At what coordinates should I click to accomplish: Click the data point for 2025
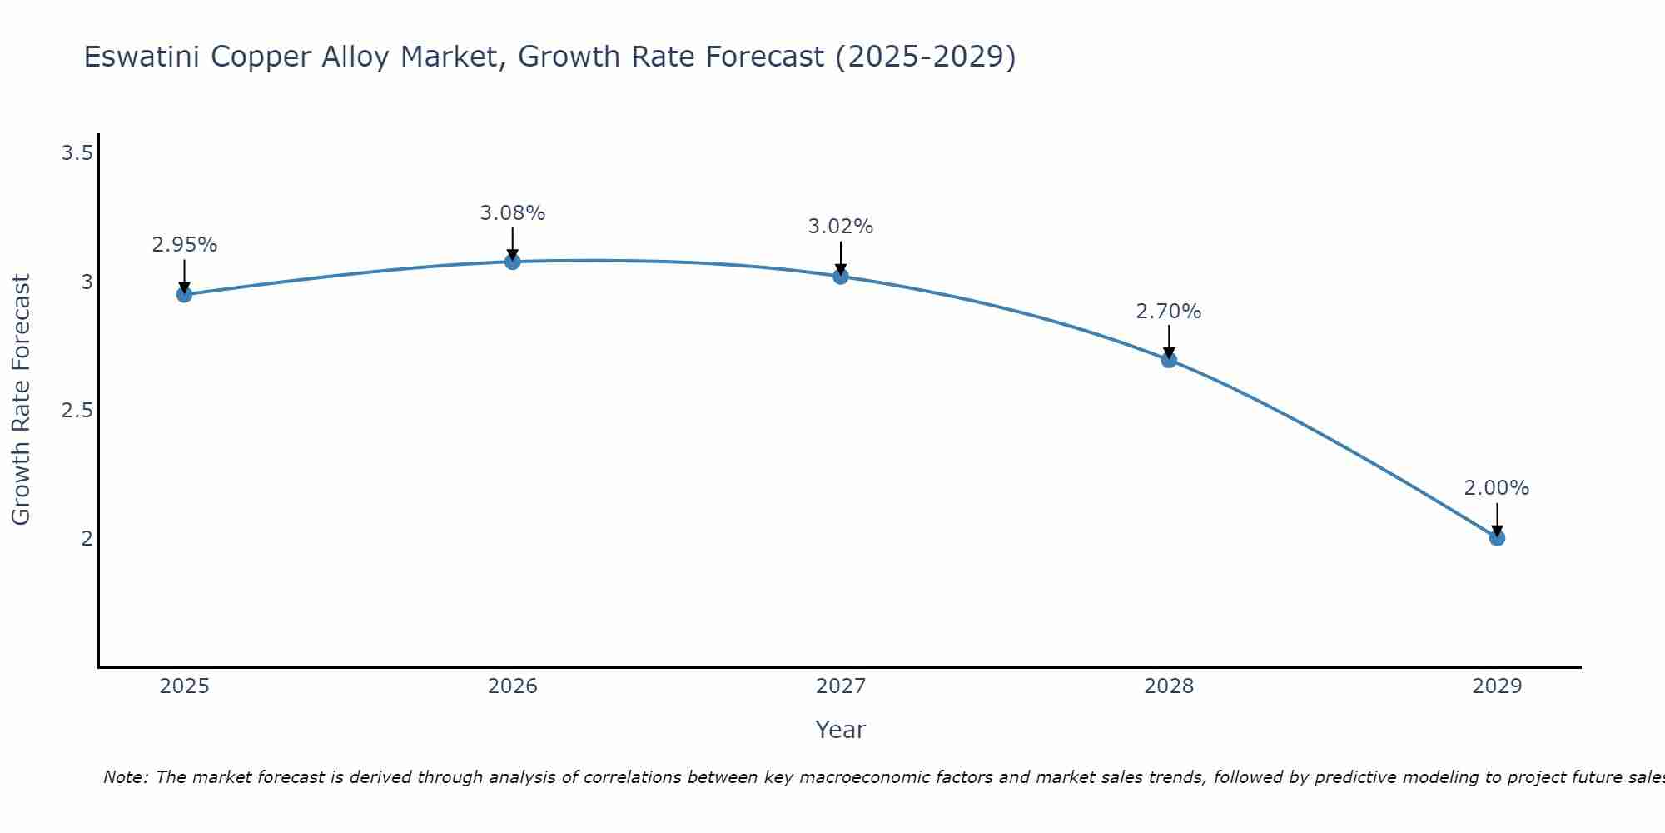coord(184,294)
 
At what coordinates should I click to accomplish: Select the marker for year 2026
coord(512,262)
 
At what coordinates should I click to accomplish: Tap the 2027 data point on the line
coord(840,277)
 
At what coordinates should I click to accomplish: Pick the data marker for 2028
coord(1168,360)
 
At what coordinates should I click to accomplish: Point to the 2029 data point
coord(1496,538)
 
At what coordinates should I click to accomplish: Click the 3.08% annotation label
coord(512,213)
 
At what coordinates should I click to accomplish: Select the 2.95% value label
coord(184,245)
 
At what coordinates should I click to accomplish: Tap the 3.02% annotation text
coord(840,227)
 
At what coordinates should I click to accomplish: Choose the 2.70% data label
coord(1168,312)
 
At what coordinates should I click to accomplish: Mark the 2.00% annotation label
coord(1496,488)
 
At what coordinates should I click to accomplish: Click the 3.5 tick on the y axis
coord(77,153)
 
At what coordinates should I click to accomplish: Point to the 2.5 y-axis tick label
coord(77,411)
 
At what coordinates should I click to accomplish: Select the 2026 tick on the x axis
coord(512,686)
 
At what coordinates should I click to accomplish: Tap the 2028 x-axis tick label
coord(1168,686)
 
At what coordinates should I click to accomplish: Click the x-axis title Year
coord(840,730)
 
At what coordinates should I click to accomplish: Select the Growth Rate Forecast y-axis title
coord(21,400)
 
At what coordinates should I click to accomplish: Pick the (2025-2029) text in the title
coord(925,57)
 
